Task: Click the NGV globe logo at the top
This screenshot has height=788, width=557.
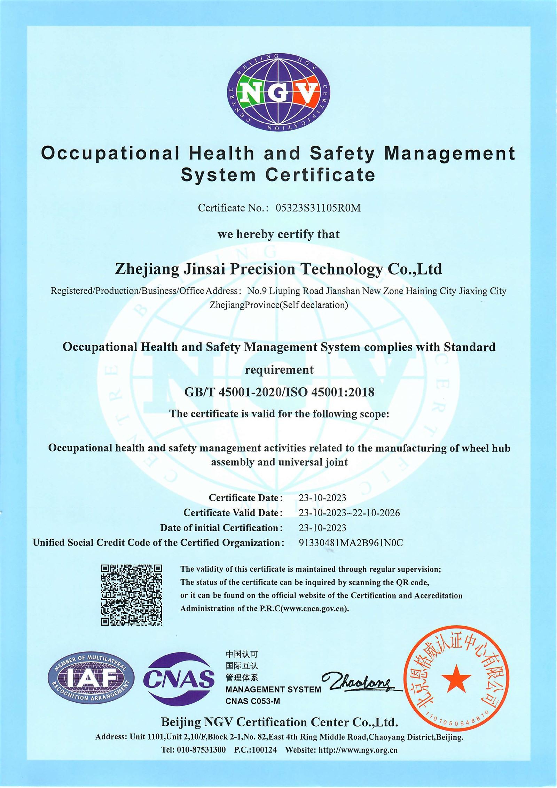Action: click(278, 92)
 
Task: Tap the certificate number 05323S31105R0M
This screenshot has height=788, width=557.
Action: click(318, 208)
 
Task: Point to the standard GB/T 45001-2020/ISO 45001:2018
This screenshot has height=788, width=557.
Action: click(279, 392)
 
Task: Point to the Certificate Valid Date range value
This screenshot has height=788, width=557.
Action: click(349, 513)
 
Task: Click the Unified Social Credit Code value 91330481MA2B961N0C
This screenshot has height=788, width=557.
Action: click(351, 543)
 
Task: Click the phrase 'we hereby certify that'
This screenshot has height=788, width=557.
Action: click(278, 234)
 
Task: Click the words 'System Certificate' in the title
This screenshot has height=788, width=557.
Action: click(278, 175)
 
